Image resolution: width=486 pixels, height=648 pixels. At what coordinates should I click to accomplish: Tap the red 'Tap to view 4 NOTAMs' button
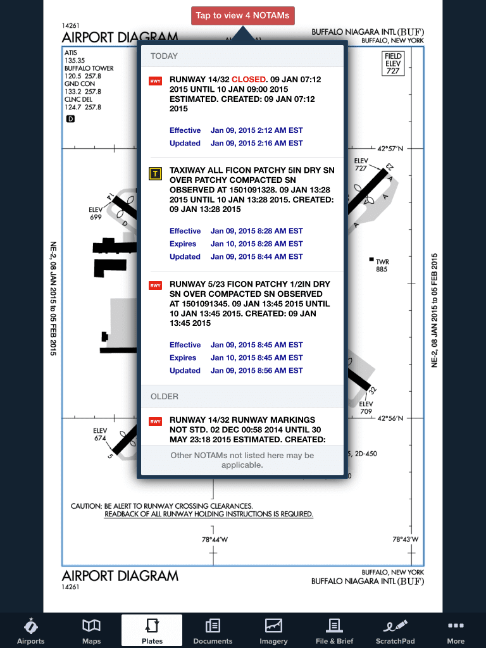click(x=243, y=16)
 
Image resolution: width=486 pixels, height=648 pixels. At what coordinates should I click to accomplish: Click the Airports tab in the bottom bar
click(x=30, y=631)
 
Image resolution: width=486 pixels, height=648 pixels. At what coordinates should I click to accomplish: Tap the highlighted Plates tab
click(x=152, y=631)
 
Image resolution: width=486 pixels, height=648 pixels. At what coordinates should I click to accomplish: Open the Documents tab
click(x=213, y=631)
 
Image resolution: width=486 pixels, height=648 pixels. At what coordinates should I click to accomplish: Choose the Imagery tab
click(x=273, y=631)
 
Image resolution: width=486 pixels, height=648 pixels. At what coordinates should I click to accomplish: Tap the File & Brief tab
click(x=334, y=631)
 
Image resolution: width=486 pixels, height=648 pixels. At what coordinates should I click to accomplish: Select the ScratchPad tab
click(x=396, y=631)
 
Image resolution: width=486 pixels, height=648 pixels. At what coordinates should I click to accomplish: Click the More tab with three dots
click(x=456, y=631)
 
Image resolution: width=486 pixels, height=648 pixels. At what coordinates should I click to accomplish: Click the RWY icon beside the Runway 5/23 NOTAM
click(x=155, y=285)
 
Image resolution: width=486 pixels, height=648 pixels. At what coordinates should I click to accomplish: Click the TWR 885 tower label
click(x=382, y=265)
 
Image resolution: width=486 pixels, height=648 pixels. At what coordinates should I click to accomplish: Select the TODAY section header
click(x=165, y=56)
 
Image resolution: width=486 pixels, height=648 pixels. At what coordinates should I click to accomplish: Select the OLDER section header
click(x=165, y=396)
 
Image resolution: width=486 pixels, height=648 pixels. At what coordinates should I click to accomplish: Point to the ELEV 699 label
click(x=96, y=213)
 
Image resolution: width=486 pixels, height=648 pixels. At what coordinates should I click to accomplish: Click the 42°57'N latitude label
click(x=390, y=149)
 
